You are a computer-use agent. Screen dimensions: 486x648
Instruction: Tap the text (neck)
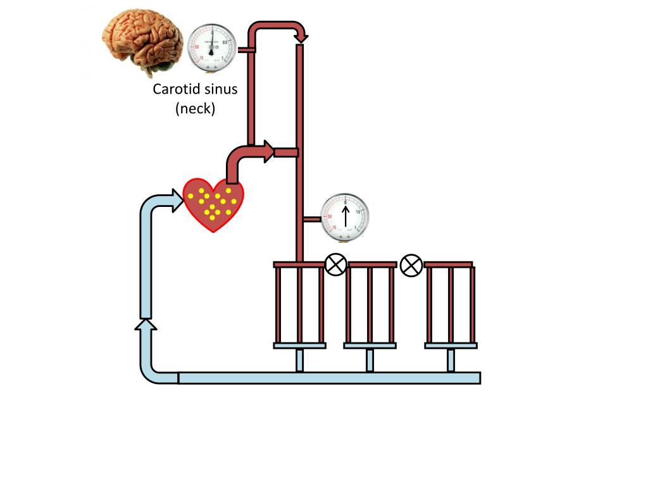195,109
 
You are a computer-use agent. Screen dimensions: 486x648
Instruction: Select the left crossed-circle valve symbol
335,265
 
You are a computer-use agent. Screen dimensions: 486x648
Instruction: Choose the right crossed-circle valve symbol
411,265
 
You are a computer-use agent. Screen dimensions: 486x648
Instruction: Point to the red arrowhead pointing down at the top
301,38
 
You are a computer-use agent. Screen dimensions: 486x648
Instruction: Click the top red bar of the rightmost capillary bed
449,264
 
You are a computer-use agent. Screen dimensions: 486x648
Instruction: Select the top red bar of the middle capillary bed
372,264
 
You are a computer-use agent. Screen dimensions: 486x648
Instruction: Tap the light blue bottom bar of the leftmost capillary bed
299,346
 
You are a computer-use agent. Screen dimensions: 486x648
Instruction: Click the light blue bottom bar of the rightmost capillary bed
451,346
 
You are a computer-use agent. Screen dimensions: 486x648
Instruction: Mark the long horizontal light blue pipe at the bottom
329,378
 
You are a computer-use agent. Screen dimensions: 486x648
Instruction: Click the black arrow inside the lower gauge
346,215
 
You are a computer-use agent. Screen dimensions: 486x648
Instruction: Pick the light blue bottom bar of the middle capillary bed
370,346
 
